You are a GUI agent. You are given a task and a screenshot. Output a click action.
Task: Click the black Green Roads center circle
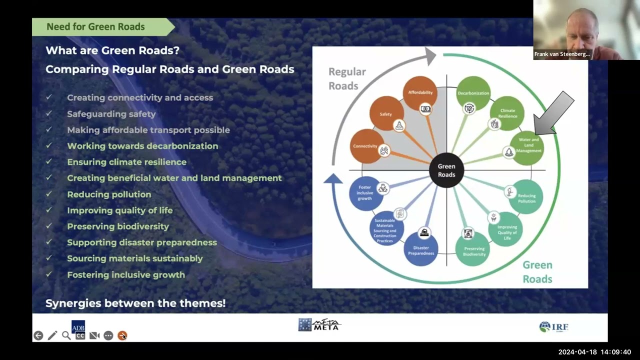pos(446,170)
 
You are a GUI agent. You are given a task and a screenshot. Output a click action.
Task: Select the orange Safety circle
pos(386,113)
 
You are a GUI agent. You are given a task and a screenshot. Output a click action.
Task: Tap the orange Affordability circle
pos(420,92)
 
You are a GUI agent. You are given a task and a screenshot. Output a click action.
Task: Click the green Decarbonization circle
pos(473,93)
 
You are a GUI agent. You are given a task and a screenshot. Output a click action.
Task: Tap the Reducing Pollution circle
pos(526,196)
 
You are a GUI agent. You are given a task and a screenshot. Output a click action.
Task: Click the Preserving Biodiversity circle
pos(472,248)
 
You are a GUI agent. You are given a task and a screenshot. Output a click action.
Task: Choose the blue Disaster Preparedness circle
pos(421,249)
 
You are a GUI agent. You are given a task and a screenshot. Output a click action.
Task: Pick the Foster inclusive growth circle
pos(365,193)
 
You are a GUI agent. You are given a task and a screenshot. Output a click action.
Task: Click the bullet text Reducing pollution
pos(109,194)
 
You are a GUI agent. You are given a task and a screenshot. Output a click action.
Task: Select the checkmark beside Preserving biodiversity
pos(49,226)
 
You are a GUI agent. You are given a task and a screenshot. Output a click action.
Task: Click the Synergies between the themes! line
pos(135,303)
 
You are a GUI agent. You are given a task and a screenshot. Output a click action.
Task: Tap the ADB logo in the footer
pos(78,325)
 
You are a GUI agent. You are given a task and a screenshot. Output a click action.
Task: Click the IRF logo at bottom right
pos(554,327)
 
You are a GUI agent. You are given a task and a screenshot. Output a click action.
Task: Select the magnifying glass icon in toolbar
pos(66,335)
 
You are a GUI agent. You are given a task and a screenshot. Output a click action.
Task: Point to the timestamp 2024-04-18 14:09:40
pos(594,352)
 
